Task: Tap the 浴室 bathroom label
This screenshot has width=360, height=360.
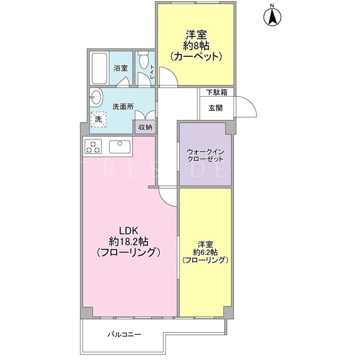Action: (121, 68)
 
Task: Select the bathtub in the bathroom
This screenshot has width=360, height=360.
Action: (100, 69)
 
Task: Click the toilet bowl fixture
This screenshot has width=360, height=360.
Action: (144, 60)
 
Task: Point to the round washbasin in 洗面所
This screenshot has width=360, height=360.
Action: (96, 97)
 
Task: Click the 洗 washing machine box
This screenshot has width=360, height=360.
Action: (98, 119)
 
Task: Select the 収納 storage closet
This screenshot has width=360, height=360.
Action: (145, 127)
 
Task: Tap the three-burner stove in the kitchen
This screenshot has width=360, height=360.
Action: (93, 147)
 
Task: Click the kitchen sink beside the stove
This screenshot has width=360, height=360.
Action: (119, 147)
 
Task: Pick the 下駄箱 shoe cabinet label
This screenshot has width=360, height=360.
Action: (217, 92)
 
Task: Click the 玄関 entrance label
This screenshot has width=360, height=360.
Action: (215, 108)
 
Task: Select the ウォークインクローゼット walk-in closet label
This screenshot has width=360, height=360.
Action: (205, 155)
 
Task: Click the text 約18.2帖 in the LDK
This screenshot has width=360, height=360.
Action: (128, 241)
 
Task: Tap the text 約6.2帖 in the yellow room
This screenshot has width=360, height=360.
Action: (205, 253)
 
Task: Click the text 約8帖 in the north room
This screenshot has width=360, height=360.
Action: (196, 46)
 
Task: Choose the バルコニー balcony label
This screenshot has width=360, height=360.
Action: (124, 334)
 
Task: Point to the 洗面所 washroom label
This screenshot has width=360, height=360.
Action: (123, 107)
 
